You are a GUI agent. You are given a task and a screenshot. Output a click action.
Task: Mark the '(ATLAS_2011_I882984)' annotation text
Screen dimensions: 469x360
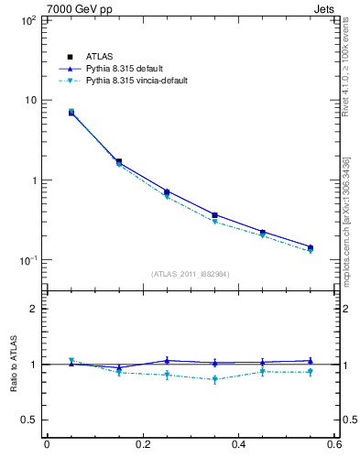click(x=190, y=274)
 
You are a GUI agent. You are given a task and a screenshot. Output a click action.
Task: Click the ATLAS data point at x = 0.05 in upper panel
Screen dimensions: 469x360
click(x=71, y=113)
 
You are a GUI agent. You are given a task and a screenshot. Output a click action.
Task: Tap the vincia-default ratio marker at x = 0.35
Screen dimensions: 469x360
click(x=214, y=379)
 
